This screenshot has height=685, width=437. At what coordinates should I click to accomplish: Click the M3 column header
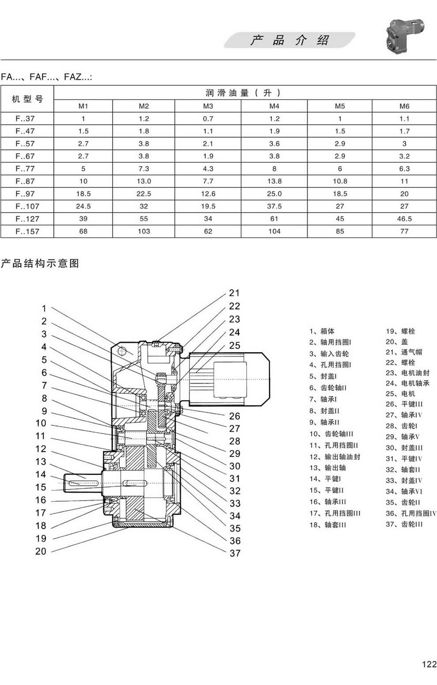pos(208,106)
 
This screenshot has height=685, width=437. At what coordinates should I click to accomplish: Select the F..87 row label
pos(25,181)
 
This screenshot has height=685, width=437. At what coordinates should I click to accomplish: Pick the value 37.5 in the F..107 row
pos(274,206)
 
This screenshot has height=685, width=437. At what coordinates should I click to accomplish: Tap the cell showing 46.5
pos(404,219)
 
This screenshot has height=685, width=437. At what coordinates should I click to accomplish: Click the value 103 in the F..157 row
pos(144,231)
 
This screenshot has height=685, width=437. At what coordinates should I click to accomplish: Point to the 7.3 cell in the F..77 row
pos(144,169)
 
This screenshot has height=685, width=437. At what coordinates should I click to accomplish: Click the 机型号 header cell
pos(27,99)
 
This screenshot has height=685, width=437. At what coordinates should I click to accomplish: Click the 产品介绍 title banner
pos(289,40)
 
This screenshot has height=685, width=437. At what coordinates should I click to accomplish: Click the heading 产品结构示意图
pos(40,263)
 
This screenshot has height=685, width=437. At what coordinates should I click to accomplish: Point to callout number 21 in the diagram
pos(234,293)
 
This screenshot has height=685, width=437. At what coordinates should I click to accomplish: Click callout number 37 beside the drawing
pos(235,553)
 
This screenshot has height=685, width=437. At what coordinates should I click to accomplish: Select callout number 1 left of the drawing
pos(44,308)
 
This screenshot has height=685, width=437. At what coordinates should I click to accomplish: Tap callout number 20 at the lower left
pos(41,552)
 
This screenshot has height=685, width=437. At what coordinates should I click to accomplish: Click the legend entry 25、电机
pos(400,394)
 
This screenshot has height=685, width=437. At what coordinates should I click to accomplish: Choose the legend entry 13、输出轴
pos(328,468)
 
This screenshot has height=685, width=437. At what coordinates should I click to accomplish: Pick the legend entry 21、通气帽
pos(404,352)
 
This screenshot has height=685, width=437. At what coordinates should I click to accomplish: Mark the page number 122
pos(429,664)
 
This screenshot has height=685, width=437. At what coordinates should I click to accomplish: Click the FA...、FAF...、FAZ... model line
pos(46,77)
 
